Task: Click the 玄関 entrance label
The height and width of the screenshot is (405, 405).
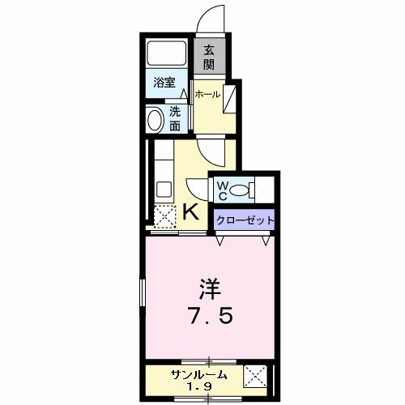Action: tap(209, 57)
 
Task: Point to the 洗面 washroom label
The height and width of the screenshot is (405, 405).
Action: tap(175, 118)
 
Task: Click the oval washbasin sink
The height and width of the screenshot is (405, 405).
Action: tap(156, 120)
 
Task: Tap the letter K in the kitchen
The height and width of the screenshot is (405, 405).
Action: tap(192, 212)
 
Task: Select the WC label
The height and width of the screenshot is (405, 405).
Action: tap(221, 191)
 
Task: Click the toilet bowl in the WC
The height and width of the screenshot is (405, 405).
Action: tap(241, 191)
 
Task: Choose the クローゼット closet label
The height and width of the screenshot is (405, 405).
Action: tap(245, 220)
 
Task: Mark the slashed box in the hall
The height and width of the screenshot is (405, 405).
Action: tap(230, 99)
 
